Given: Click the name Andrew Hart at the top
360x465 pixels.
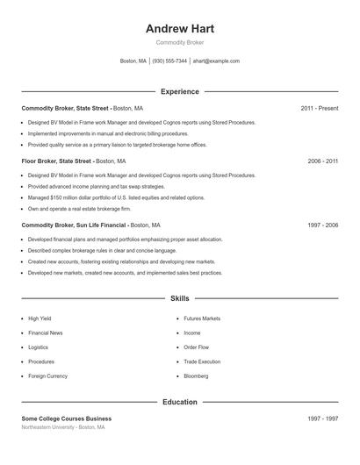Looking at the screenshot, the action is click(179, 28).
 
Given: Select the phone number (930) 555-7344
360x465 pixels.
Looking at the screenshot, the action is click(169, 61).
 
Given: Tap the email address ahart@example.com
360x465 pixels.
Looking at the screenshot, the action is click(215, 61).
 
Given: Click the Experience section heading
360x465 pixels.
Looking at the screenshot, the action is click(179, 91).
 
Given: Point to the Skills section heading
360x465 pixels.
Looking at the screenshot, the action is click(179, 299).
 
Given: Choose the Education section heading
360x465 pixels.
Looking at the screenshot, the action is click(179, 402).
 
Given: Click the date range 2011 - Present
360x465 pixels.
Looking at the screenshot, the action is click(319, 108).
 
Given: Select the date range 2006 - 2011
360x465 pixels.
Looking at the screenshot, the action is click(322, 161).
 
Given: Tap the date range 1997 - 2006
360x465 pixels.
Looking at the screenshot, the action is click(322, 225).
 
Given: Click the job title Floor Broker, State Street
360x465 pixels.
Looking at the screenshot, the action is click(57, 161).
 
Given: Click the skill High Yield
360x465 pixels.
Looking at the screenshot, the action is click(40, 318).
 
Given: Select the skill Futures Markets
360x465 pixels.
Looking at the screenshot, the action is click(202, 318).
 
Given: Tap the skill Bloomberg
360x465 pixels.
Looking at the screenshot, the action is click(196, 376).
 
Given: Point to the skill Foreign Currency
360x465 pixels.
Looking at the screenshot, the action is click(47, 376).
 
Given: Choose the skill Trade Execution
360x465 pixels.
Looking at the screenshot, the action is click(202, 361).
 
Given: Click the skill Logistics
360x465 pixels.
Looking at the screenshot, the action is click(39, 347).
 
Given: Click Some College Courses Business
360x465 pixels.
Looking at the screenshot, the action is click(67, 418).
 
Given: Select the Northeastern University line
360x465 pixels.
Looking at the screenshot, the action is click(63, 427).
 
